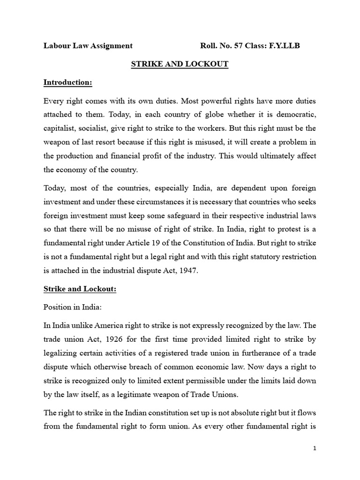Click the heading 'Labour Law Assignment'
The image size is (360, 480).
pyautogui.click(x=88, y=45)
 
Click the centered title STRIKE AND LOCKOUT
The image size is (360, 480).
pyautogui.click(x=180, y=64)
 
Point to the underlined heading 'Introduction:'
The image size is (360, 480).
pyautogui.click(x=68, y=82)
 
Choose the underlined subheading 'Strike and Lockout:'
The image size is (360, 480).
pyautogui.click(x=80, y=289)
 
